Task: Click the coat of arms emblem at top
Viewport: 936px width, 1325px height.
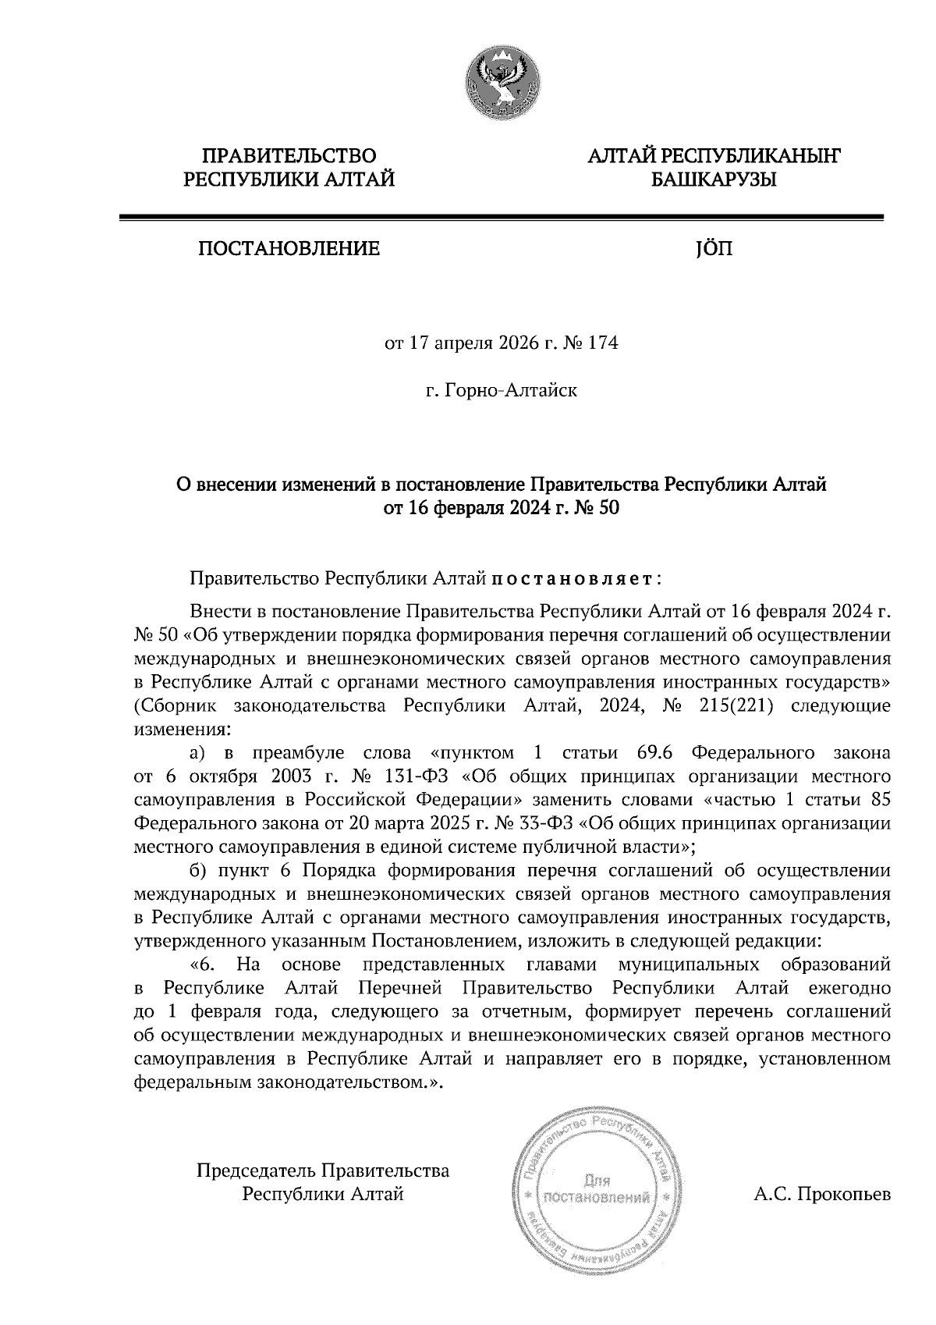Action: coord(501,80)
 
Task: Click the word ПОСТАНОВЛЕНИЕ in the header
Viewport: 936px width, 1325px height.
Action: coord(289,249)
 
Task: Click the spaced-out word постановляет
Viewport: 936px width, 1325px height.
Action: coord(574,580)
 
